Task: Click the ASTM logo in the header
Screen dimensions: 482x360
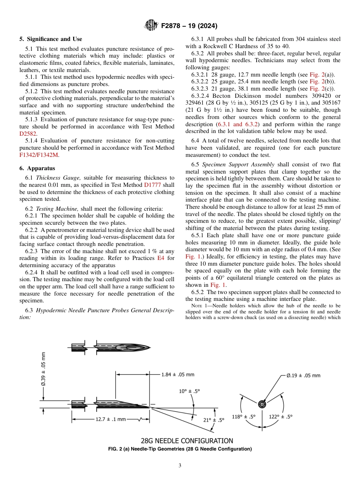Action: point(151,26)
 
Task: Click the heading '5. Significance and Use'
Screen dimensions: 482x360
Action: point(50,39)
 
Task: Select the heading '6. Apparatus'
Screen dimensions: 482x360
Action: point(37,168)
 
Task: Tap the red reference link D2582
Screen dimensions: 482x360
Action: point(27,134)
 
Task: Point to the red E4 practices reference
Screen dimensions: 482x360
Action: point(160,258)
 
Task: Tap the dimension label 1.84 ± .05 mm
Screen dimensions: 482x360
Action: point(177,374)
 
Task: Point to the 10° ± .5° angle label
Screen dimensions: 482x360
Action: point(189,391)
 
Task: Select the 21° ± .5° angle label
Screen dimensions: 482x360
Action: point(214,420)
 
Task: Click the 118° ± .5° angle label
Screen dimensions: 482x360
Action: point(244,416)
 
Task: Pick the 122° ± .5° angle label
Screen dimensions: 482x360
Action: point(280,416)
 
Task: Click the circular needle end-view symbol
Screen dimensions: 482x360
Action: point(262,404)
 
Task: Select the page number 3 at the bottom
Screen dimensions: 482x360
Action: point(180,466)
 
